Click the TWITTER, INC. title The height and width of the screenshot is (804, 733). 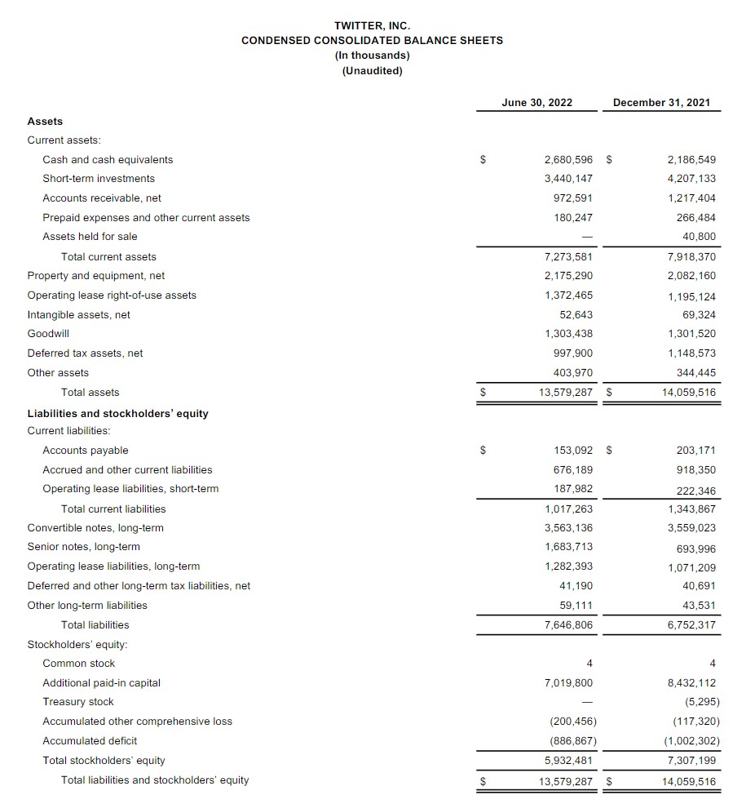(372, 26)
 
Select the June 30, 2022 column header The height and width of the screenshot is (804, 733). (537, 103)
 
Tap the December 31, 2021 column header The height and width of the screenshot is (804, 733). (661, 103)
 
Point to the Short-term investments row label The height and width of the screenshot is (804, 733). (99, 179)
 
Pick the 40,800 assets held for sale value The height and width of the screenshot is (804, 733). (700, 237)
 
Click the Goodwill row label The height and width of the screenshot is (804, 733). (48, 334)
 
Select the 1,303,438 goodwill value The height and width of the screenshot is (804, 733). (568, 334)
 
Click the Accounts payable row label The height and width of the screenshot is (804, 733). (86, 451)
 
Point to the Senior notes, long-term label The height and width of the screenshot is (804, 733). (83, 547)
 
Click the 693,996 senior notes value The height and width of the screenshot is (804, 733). (696, 549)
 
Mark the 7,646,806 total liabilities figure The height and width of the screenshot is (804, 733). (568, 625)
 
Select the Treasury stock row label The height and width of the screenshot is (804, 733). (78, 702)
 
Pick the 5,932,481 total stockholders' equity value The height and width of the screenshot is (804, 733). (568, 761)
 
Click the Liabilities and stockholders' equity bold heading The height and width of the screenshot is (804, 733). (117, 414)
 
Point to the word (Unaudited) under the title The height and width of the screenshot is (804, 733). (372, 70)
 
